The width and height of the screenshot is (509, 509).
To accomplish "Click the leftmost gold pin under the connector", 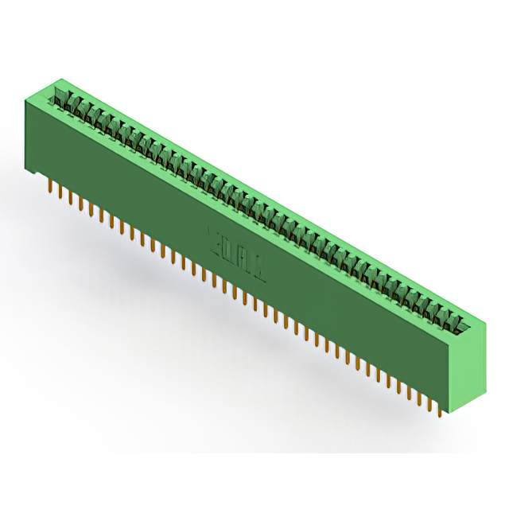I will pyautogui.click(x=51, y=187).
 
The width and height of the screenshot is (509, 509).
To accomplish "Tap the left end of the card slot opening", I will pyautogui.click(x=57, y=93).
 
